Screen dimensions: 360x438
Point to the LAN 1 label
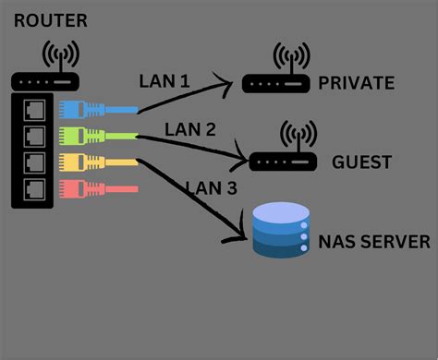tap(164, 81)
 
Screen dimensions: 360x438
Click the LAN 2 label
tap(189, 128)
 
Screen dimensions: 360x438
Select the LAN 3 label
tap(211, 187)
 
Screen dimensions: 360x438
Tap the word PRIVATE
tap(356, 84)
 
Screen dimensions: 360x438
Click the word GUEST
tap(362, 162)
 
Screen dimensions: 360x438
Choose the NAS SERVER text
tap(373, 242)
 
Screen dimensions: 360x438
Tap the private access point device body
tap(274, 86)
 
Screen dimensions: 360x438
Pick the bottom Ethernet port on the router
tap(34, 189)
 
